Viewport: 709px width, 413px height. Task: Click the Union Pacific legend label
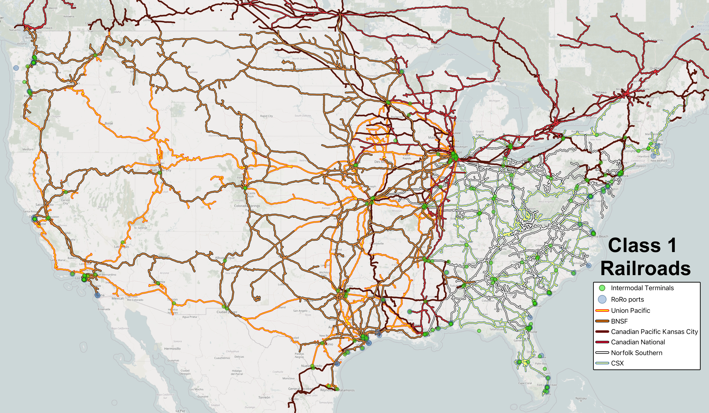coord(630,311)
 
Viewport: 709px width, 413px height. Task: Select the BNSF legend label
coord(619,321)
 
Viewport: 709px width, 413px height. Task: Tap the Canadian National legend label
coord(638,342)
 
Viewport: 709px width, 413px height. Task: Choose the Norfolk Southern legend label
coord(636,353)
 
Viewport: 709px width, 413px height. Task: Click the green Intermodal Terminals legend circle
coord(602,288)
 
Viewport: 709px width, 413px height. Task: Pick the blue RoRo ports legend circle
coord(602,299)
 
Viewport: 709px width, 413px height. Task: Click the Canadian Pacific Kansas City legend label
coord(654,332)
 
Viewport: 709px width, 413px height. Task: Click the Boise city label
coord(109,123)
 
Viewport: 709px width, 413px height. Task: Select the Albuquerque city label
coord(225,258)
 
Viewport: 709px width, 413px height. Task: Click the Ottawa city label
coord(601,92)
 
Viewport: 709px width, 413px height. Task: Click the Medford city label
coord(28,149)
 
